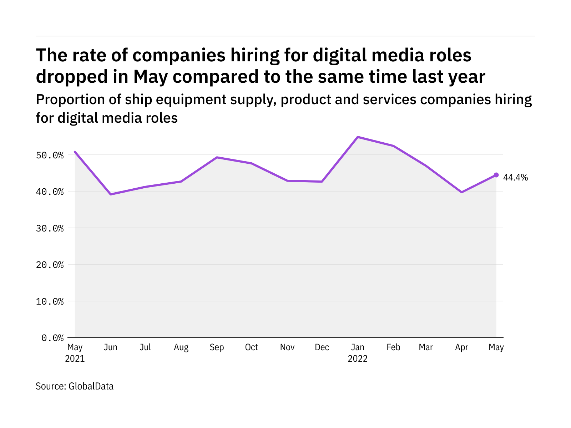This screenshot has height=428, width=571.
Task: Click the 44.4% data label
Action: [515, 178]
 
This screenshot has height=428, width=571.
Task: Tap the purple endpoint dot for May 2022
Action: [496, 175]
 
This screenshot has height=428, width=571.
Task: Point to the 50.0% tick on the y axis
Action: [52, 156]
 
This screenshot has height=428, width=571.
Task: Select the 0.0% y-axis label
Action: [52, 338]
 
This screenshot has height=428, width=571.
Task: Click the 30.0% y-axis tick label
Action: [52, 228]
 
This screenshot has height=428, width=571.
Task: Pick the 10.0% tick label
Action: [52, 301]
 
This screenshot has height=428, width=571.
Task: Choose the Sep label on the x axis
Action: [217, 347]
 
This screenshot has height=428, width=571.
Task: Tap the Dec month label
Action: [322, 347]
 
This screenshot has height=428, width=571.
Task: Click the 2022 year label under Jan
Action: [358, 359]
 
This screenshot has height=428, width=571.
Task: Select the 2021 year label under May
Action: [75, 359]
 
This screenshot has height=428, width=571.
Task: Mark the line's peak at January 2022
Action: [358, 137]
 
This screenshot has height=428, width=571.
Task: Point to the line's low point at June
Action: [111, 194]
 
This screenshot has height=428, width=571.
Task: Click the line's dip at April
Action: [462, 192]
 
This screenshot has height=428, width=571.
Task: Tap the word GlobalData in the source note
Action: [91, 386]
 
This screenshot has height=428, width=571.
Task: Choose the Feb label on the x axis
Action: [393, 347]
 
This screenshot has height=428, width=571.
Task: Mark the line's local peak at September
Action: [217, 157]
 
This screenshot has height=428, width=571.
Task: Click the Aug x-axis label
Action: [181, 347]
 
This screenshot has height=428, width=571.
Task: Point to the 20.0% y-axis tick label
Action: [52, 265]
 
